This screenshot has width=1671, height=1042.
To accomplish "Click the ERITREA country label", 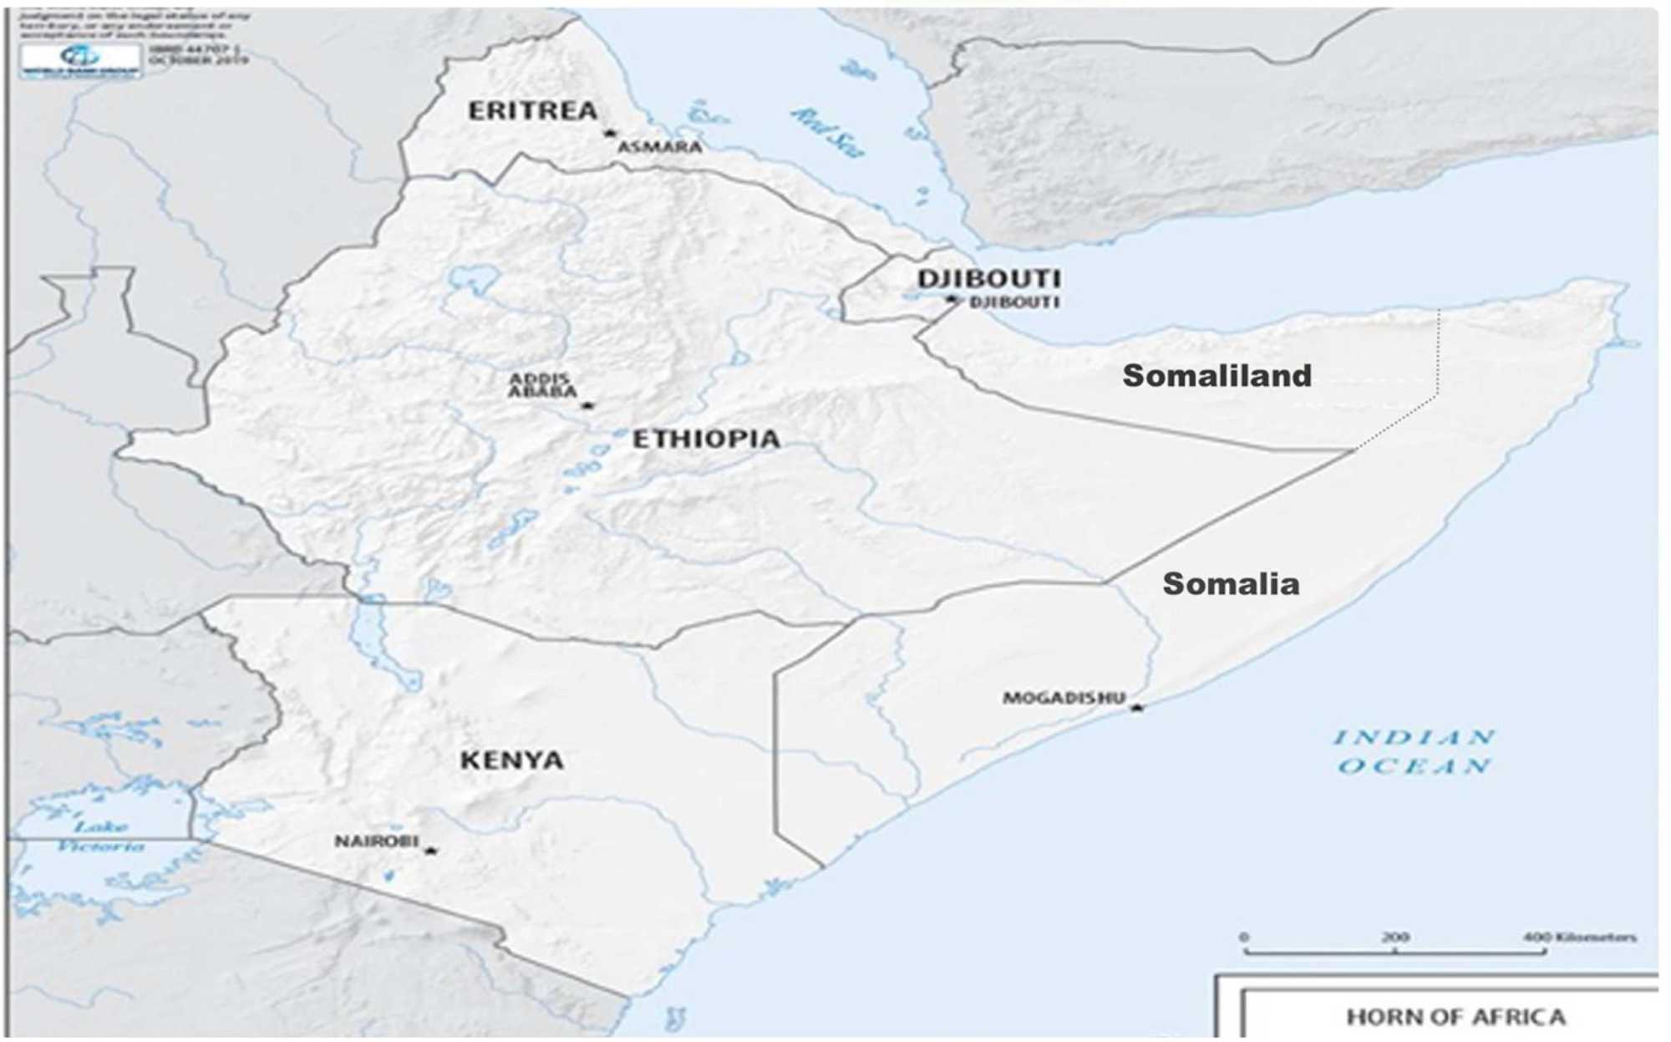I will (532, 111).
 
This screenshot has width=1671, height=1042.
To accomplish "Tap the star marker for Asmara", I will (610, 133).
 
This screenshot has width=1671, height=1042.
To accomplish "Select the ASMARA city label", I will (659, 148).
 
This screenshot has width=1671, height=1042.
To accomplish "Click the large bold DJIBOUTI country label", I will (989, 278).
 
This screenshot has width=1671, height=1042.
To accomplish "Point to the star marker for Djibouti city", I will (952, 298).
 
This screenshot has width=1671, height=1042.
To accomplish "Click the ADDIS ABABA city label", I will (542, 385).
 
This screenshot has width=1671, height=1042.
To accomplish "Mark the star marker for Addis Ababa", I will (587, 405).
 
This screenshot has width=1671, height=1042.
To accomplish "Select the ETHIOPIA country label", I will (706, 439).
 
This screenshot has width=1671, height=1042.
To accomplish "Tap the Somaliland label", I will (1216, 376).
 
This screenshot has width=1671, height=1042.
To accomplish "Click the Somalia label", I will (1231, 584).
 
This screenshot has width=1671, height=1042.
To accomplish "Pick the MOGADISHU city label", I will (1064, 698).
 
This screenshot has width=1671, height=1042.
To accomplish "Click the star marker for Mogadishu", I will (1136, 708).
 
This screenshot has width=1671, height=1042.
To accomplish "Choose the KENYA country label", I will (511, 760).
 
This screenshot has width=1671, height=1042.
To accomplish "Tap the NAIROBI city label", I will (376, 841).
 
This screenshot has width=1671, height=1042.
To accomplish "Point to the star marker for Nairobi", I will (430, 851).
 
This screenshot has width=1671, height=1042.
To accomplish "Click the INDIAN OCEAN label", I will (1414, 751).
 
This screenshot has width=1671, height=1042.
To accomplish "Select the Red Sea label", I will (827, 132).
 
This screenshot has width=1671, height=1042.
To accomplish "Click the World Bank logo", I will (81, 59).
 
